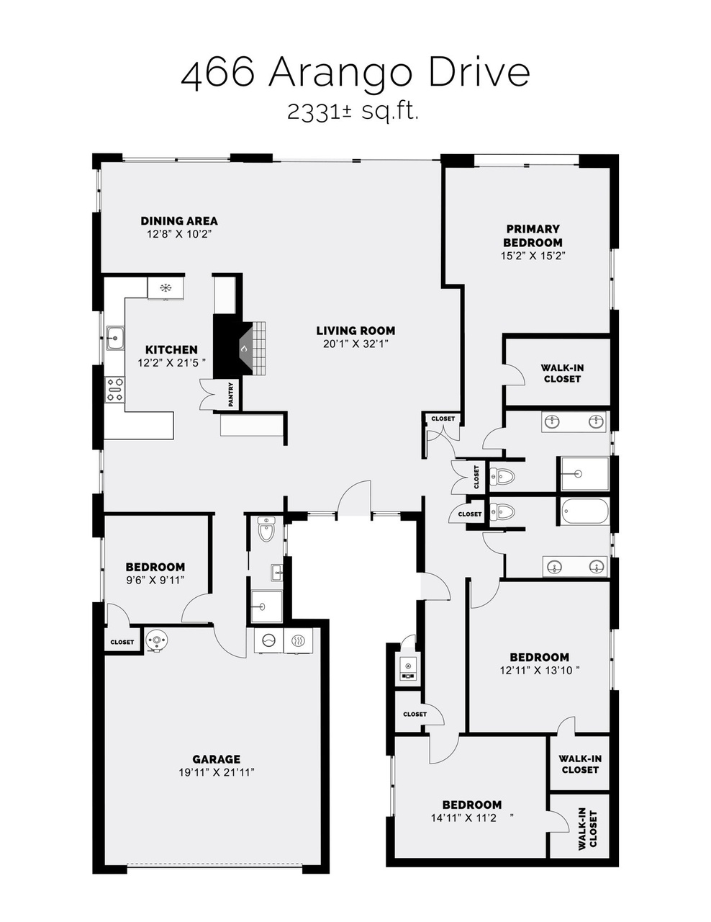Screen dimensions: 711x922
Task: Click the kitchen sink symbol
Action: (x=115, y=338)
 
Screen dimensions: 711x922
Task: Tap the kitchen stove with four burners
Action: (x=115, y=390)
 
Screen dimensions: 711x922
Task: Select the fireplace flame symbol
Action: (x=244, y=349)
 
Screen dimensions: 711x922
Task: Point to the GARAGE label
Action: (x=216, y=759)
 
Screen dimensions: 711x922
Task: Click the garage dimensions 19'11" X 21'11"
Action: (x=216, y=772)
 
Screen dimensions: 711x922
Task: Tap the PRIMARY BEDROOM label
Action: (x=533, y=236)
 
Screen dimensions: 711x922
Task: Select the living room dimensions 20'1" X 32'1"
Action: (x=355, y=344)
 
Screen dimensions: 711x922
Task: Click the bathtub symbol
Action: (x=585, y=511)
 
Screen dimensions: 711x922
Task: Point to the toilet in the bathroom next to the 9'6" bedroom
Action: (x=266, y=529)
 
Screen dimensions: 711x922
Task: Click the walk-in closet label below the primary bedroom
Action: (x=562, y=373)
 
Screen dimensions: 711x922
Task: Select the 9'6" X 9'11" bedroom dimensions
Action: (x=155, y=580)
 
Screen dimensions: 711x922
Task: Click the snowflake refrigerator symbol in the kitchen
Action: (x=165, y=288)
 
